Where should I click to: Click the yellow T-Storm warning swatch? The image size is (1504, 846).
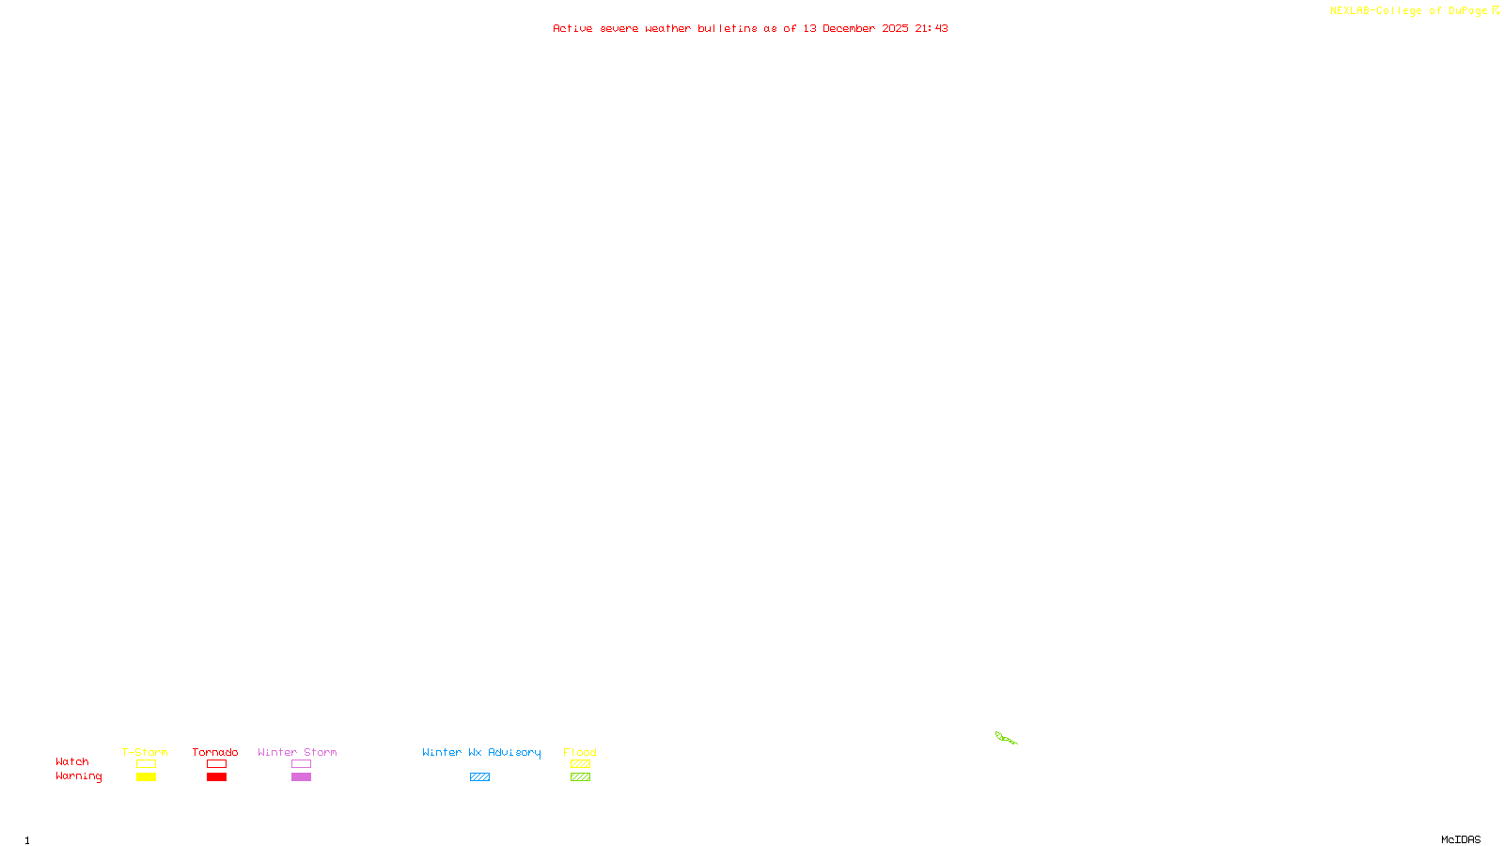coord(146,777)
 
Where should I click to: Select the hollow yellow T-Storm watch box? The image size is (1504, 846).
coord(146,764)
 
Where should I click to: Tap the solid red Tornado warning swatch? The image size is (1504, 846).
coord(216,777)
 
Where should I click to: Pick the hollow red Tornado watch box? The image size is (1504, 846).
coord(216,764)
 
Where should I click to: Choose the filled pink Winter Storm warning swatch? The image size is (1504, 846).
coord(301,777)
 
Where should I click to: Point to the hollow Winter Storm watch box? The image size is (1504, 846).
coord(301,764)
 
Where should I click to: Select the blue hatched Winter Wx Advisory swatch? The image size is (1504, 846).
coord(479,777)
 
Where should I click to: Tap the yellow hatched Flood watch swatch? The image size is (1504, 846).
coord(580,764)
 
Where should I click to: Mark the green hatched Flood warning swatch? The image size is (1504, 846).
coord(580,777)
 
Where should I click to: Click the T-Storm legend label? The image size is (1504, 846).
coord(145,752)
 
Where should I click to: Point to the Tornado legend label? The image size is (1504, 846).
coord(215,752)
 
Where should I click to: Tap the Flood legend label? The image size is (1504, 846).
coord(580,752)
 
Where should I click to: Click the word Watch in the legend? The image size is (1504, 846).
coord(72,761)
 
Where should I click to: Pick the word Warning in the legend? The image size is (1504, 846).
coord(78,776)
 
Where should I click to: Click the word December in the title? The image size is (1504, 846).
coord(849,28)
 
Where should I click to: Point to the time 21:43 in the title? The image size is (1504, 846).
coord(932,28)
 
